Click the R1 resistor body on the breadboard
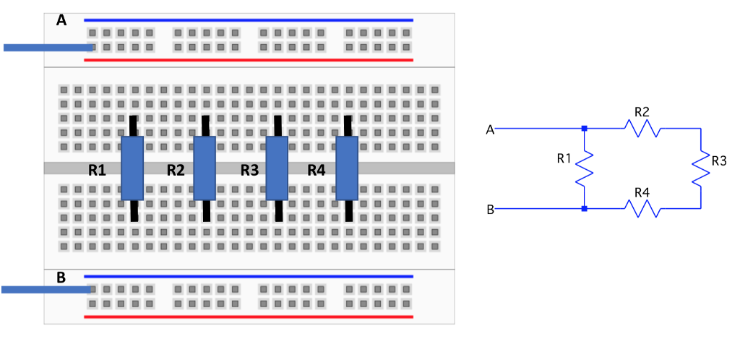coord(132,168)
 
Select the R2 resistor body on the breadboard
coord(205,168)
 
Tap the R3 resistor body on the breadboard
coord(277,168)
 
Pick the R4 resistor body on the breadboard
coord(348,168)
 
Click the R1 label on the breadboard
coord(98,171)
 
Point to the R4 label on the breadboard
coord(317,171)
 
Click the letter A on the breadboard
coord(61,20)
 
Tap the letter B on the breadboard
coord(61,277)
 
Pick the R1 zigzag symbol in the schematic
coord(584,168)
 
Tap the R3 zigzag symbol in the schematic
coord(700,168)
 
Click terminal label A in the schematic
coord(490,129)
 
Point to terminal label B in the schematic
coord(490,210)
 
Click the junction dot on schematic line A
coord(584,129)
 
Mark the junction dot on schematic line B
coord(584,209)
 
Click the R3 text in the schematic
coord(718,160)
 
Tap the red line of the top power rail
coord(249,60)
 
